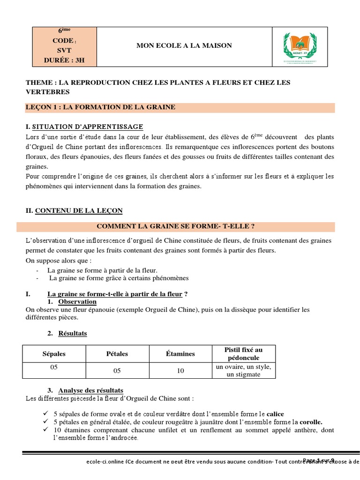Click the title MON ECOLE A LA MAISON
coord(184,45)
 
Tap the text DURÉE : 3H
coord(64,60)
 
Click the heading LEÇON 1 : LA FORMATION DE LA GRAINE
coord(100,107)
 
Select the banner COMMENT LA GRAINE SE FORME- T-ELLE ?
coord(175,226)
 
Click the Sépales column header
coord(54,353)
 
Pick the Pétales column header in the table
coord(117,353)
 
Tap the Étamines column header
coord(180,353)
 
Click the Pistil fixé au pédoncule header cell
coord(244,353)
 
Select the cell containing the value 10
coord(180,370)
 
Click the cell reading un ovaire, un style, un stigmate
coord(244,370)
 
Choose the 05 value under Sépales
coord(54,367)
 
